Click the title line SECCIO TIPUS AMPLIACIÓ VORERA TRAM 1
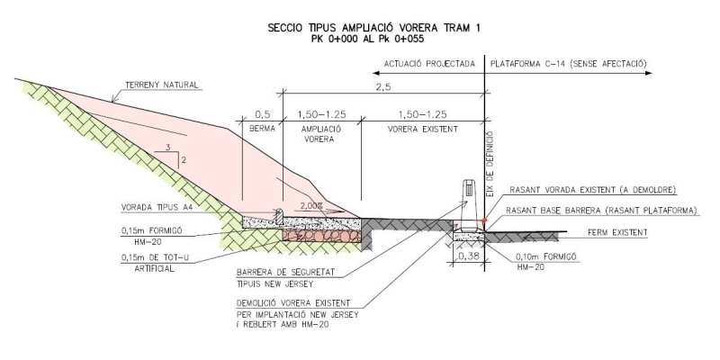[373, 28]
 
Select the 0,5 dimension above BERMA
[262, 114]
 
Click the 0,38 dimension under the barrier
[468, 256]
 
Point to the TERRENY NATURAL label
[162, 85]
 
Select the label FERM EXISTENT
[617, 233]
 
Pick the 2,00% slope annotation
[311, 206]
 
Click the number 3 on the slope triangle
[168, 148]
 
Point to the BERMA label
[262, 129]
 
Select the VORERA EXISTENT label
[422, 129]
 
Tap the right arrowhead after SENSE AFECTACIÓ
[648, 73]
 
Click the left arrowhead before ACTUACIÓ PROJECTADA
[375, 73]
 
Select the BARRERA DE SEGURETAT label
[285, 273]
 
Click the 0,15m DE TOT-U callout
[155, 257]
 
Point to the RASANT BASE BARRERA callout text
[601, 211]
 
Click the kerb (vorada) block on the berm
[279, 216]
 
